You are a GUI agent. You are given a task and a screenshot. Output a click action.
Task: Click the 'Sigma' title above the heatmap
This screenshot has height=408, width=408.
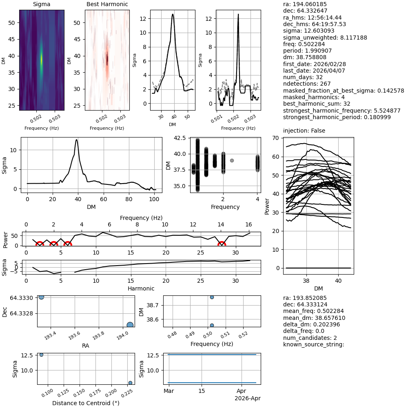click(x=42, y=4)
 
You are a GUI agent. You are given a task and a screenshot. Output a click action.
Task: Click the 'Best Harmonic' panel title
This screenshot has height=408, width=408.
click(x=107, y=4)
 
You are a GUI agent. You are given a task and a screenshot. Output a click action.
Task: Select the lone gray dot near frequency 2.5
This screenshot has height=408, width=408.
click(x=232, y=160)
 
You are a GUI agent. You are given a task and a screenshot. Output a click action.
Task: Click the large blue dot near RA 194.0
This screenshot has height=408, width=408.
click(x=130, y=325)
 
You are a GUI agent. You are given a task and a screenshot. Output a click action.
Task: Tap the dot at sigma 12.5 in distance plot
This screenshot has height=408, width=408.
click(x=41, y=355)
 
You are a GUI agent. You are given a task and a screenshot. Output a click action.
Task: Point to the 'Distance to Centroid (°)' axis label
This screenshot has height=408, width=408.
click(x=86, y=403)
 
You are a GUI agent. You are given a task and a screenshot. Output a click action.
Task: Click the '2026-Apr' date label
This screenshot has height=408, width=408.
click(x=247, y=398)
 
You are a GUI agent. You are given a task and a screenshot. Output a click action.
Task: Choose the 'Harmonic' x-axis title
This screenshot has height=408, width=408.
click(x=141, y=288)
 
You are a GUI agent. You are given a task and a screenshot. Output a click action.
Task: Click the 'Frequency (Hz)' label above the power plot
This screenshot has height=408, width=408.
click(x=141, y=218)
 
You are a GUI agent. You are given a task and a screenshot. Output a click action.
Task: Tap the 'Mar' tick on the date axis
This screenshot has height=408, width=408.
click(x=169, y=391)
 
